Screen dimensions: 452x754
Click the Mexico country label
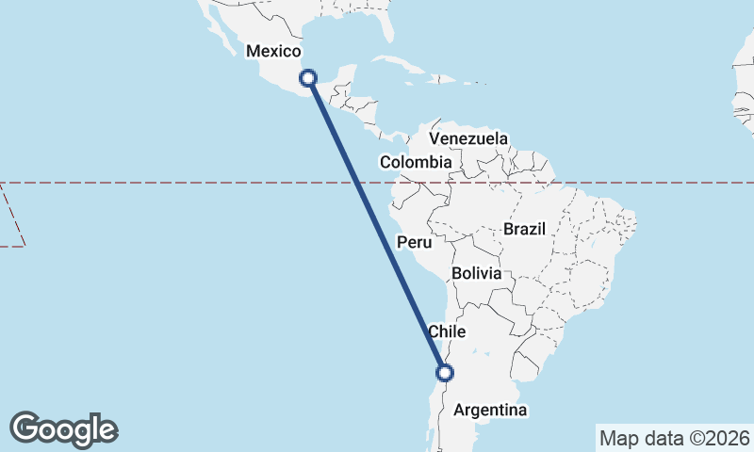click(x=272, y=51)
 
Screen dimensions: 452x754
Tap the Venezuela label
click(x=467, y=138)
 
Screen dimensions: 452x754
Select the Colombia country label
click(x=416, y=163)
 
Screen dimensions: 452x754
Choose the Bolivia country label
click(x=482, y=273)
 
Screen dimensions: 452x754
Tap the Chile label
click(x=448, y=331)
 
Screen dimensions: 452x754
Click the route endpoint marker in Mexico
click(x=307, y=78)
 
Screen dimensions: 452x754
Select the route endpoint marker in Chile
click(x=446, y=372)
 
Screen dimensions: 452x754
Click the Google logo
click(x=63, y=429)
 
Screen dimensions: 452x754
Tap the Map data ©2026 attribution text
click(x=675, y=438)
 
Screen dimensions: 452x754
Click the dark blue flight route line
click(x=377, y=226)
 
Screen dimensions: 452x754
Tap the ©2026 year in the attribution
click(x=720, y=438)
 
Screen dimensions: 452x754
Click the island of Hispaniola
click(x=451, y=79)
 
